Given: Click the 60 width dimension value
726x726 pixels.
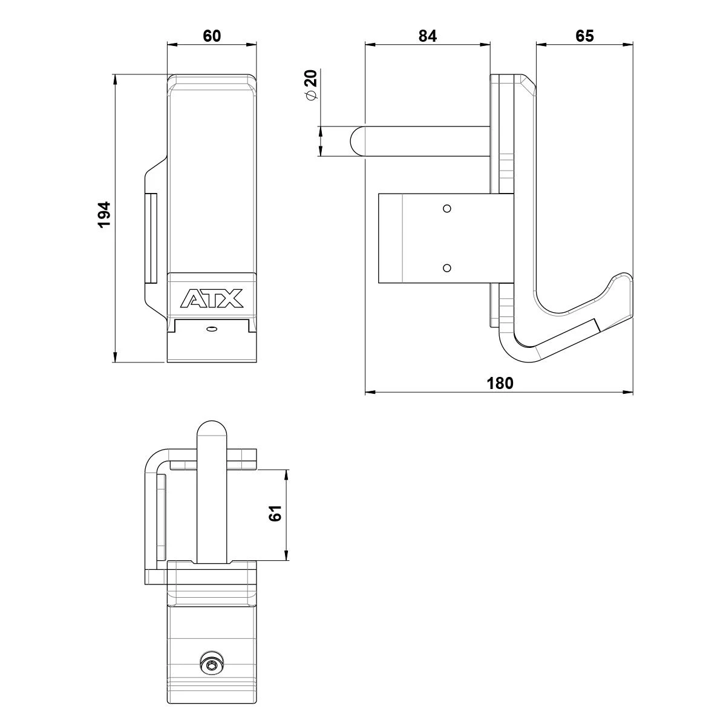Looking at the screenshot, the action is point(212,36).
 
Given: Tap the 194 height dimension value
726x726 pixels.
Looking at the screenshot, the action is point(104,214).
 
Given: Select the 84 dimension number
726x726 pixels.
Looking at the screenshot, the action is point(428,36).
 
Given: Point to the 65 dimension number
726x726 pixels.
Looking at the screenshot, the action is point(584,36).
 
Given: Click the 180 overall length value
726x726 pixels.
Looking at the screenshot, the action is point(500,383).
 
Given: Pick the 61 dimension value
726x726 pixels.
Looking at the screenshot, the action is point(275,513).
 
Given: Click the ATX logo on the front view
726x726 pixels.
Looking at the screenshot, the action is point(211,298).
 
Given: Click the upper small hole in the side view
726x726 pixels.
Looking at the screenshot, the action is point(447,208).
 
